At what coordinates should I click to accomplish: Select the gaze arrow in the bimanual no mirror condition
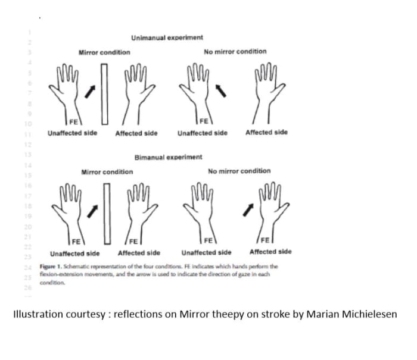pyautogui.click(x=253, y=209)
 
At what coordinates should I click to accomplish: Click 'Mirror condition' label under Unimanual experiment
pyautogui.click(x=104, y=52)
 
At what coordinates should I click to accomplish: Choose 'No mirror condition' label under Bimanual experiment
pyautogui.click(x=239, y=171)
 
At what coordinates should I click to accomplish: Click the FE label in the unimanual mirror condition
pyautogui.click(x=73, y=123)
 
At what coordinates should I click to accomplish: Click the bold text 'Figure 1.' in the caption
pyautogui.click(x=51, y=265)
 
